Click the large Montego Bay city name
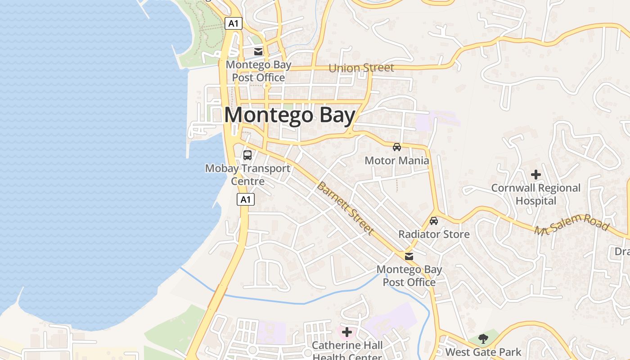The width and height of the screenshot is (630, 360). click(x=290, y=115)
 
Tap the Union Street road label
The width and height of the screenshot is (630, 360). click(x=361, y=68)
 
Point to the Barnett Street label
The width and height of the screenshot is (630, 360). click(x=345, y=208)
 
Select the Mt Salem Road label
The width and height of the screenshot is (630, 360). click(x=571, y=224)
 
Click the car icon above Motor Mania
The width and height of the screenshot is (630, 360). click(x=397, y=147)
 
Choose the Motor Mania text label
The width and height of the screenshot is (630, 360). click(x=397, y=161)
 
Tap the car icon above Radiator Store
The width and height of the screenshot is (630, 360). click(x=434, y=221)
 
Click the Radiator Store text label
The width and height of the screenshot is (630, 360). click(x=434, y=234)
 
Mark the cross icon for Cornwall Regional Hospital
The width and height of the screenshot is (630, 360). click(x=536, y=175)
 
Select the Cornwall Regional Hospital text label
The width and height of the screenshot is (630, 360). click(x=536, y=194)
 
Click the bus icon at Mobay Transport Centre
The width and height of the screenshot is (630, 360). click(x=247, y=155)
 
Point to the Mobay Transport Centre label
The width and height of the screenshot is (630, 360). click(x=247, y=175)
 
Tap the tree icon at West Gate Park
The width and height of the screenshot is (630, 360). click(x=483, y=338)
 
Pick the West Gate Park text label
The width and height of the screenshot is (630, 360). click(x=483, y=352)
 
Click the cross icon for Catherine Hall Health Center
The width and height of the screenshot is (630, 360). click(x=347, y=333)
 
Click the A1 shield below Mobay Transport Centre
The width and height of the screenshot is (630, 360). click(x=246, y=199)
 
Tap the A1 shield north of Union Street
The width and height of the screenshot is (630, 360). click(x=234, y=23)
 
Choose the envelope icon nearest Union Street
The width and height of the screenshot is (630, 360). click(x=258, y=52)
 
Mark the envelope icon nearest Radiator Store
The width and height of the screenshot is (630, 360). click(x=409, y=256)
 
